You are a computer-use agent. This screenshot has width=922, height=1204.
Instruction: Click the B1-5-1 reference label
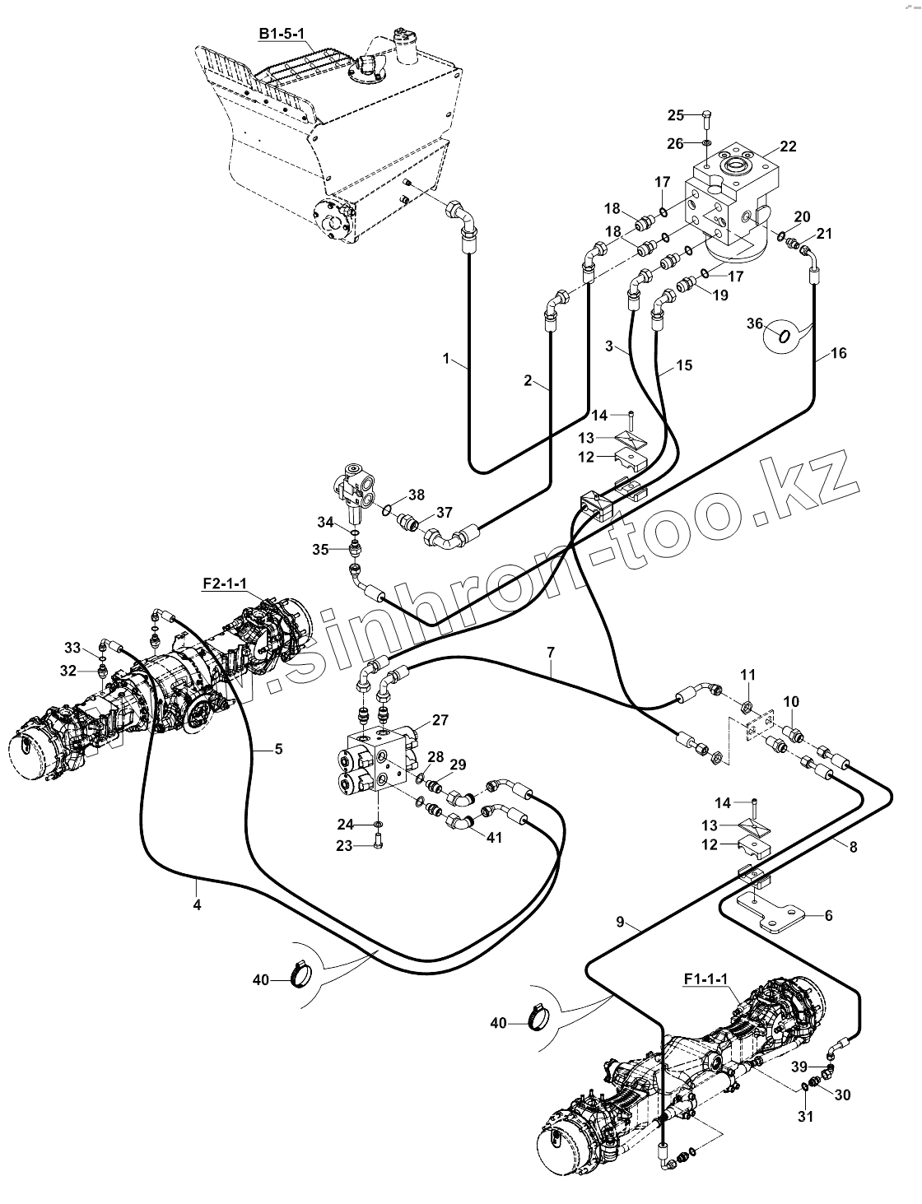pyautogui.click(x=282, y=33)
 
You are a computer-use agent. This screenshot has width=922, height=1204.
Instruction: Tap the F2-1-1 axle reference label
pyautogui.click(x=225, y=583)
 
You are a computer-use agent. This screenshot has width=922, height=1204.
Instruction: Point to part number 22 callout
pyautogui.click(x=788, y=146)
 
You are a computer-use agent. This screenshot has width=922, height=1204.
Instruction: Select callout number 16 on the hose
pyautogui.click(x=838, y=354)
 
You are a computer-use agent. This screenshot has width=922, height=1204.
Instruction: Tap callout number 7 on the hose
pyautogui.click(x=549, y=653)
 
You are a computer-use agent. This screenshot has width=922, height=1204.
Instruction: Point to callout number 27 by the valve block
pyautogui.click(x=440, y=720)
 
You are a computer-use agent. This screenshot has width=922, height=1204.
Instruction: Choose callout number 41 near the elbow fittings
pyautogui.click(x=494, y=839)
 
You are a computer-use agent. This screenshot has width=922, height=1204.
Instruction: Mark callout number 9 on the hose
pyautogui.click(x=625, y=923)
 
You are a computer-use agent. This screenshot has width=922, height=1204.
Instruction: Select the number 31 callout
pyautogui.click(x=805, y=1117)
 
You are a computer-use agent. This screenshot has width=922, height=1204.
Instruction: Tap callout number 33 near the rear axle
pyautogui.click(x=72, y=647)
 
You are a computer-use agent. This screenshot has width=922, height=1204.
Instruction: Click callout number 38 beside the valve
pyautogui.click(x=417, y=495)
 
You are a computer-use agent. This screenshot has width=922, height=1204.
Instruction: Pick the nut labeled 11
pyautogui.click(x=745, y=706)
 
